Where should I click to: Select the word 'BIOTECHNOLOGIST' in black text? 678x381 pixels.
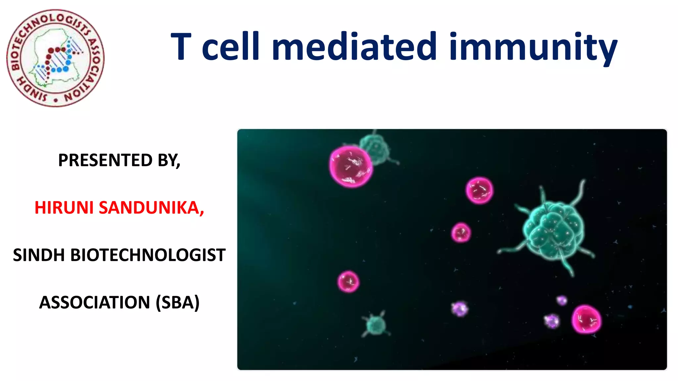tap(148, 255)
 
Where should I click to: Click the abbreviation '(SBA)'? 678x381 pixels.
tap(177, 303)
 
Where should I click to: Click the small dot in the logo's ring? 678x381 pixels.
tap(56, 100)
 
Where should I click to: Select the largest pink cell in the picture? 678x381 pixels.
tap(351, 167)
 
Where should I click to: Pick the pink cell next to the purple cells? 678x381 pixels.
tap(586, 319)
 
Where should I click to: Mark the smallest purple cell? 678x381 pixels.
tap(561, 300)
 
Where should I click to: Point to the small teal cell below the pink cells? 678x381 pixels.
tap(376, 325)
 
